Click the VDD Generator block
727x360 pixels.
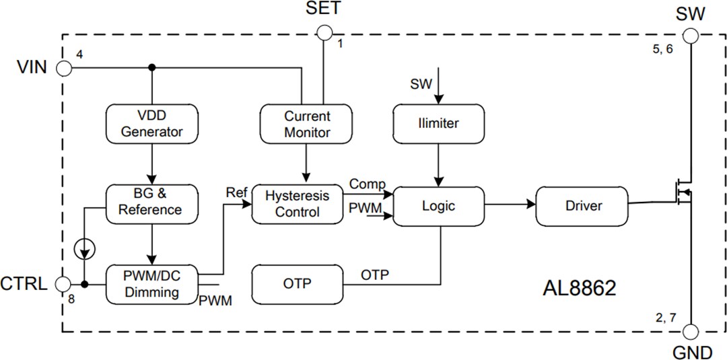click(x=151, y=124)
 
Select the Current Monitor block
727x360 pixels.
click(x=307, y=124)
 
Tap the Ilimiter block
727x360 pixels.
click(x=438, y=124)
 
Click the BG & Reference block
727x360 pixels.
click(x=151, y=202)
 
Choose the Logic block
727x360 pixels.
click(x=438, y=206)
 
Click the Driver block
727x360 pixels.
click(x=583, y=206)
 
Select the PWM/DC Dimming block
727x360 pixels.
click(x=151, y=285)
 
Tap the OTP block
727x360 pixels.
click(x=297, y=284)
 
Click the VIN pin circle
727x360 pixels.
click(x=63, y=68)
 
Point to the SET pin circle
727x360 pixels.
click(x=324, y=32)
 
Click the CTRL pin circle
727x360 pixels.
click(x=63, y=284)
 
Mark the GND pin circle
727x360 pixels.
click(x=691, y=332)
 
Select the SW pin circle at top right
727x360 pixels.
click(x=691, y=32)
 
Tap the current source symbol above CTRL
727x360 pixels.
click(x=85, y=249)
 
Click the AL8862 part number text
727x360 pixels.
click(x=579, y=289)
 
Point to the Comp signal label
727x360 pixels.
click(x=367, y=184)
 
